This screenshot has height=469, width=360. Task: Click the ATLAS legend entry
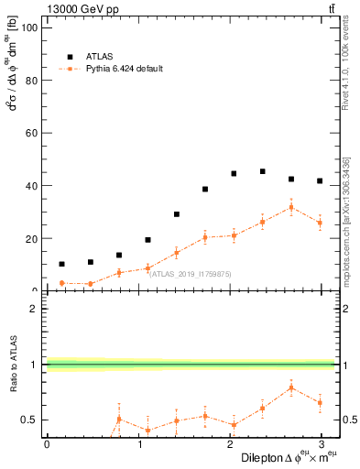(100, 55)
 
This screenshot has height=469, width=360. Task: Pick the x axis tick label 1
(140, 444)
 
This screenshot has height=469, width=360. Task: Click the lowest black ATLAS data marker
(61, 264)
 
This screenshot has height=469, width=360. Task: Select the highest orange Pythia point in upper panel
(291, 207)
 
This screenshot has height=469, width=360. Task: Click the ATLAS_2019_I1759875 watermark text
(191, 273)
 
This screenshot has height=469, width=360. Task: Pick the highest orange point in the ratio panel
(291, 387)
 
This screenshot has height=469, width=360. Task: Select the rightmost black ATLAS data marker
(320, 181)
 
